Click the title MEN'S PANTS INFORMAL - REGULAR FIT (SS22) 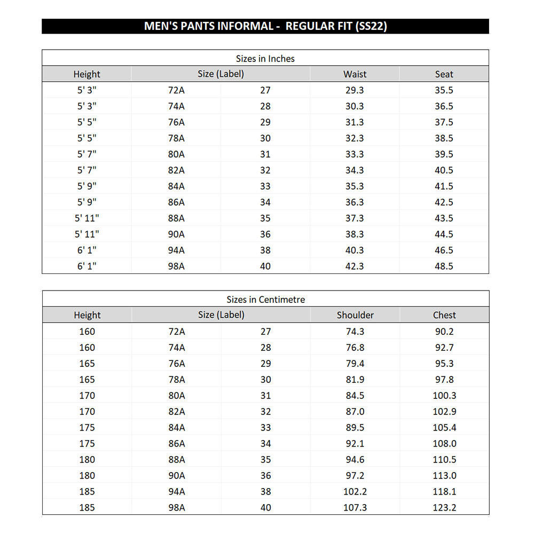pos(265,26)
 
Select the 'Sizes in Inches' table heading pos(265,58)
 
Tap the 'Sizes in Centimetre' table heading pos(265,299)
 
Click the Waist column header pos(355,74)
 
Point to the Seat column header pos(444,74)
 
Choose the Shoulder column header pos(355,315)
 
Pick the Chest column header pos(444,315)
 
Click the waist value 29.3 pos(355,90)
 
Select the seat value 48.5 pos(444,266)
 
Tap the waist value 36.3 pos(355,202)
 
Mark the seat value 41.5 pos(444,186)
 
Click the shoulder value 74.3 pos(355,331)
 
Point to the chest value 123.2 pos(444,507)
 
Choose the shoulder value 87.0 pos(355,411)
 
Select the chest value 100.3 pos(444,395)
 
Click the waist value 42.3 pos(355,266)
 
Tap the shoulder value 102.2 pos(355,491)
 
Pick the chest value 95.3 pos(444,363)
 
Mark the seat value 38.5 pos(444,138)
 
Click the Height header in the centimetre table pos(87,315)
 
